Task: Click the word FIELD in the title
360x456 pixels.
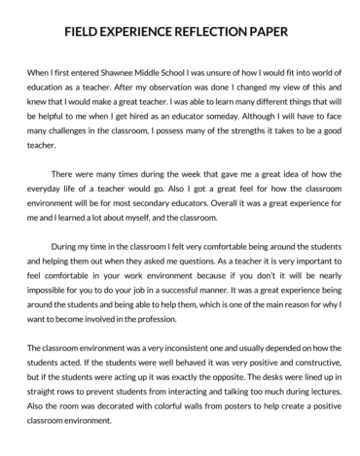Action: (88, 29)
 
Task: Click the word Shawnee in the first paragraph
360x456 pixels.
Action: (109, 71)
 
